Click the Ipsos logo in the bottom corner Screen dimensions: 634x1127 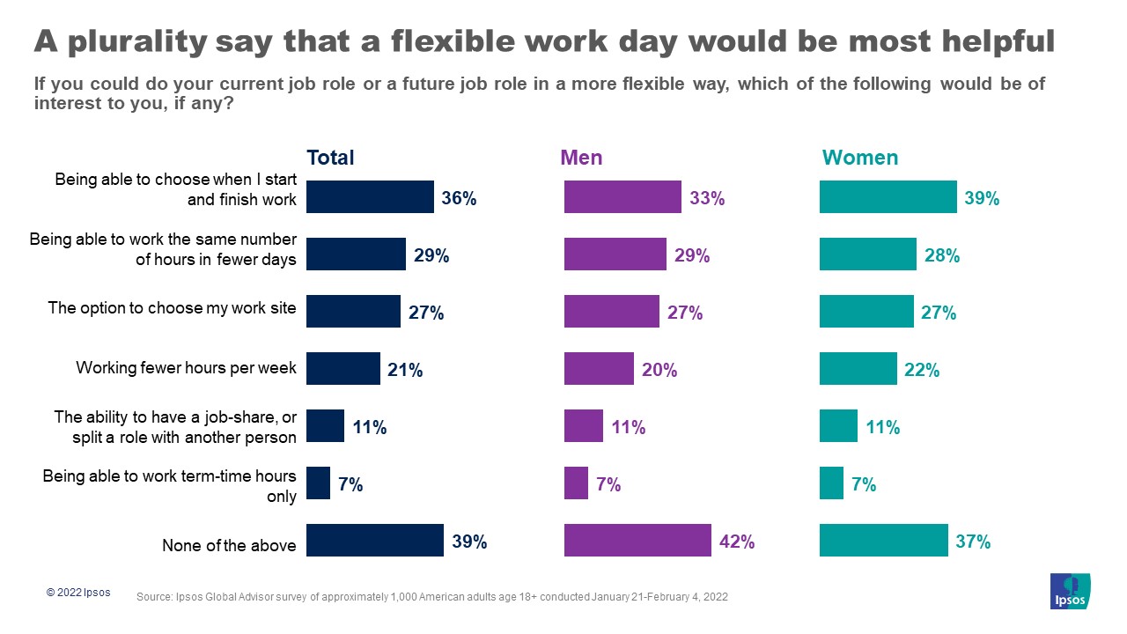point(1070,591)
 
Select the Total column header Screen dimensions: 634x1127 point(330,158)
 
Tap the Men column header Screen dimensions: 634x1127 point(582,158)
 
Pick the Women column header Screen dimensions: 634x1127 point(859,158)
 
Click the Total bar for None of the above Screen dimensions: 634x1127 point(374,541)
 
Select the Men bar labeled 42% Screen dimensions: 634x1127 point(637,541)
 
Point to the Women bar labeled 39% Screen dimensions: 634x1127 point(888,197)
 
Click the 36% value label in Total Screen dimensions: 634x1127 point(459,198)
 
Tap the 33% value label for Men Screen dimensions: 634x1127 point(707,198)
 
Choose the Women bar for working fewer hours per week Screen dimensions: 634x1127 point(858,369)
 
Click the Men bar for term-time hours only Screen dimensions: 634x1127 point(576,483)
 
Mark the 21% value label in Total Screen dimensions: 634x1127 point(405,370)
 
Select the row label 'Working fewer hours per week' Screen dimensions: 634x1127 point(187,368)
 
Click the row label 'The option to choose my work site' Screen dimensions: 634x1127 point(173,307)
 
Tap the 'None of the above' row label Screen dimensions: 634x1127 point(229,546)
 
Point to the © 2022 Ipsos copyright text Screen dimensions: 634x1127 point(78,593)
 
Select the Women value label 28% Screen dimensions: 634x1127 point(941,255)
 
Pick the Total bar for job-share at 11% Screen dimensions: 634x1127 point(325,426)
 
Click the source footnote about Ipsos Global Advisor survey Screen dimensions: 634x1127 point(431,597)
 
